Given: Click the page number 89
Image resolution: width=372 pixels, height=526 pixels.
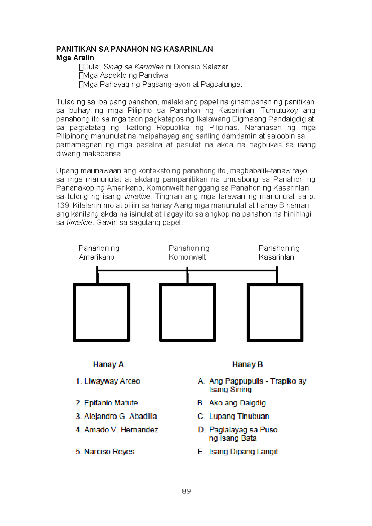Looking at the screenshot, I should click(x=186, y=491).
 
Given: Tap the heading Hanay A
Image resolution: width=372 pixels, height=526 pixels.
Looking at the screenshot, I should click(x=108, y=364).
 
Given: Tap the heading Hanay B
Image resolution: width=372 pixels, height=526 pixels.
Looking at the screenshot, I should click(x=247, y=364).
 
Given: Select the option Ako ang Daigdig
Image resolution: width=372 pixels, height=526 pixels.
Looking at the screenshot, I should click(x=237, y=403).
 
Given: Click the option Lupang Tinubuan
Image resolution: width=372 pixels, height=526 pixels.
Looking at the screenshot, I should click(x=239, y=416).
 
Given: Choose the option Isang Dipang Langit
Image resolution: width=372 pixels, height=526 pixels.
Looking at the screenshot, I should click(x=243, y=451).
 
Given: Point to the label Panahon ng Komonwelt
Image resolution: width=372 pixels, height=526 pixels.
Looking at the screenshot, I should click(x=189, y=252).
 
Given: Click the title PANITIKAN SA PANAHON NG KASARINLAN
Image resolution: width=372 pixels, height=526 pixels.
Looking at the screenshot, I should click(x=135, y=49).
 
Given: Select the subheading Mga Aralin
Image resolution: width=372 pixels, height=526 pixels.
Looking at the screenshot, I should click(x=75, y=58).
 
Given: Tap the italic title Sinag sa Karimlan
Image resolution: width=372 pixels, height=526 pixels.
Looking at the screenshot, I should click(x=133, y=67).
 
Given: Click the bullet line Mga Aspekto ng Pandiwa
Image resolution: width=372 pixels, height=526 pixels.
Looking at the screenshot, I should click(x=125, y=75).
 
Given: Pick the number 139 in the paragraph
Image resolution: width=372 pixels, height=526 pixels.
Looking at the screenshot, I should click(x=63, y=205).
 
